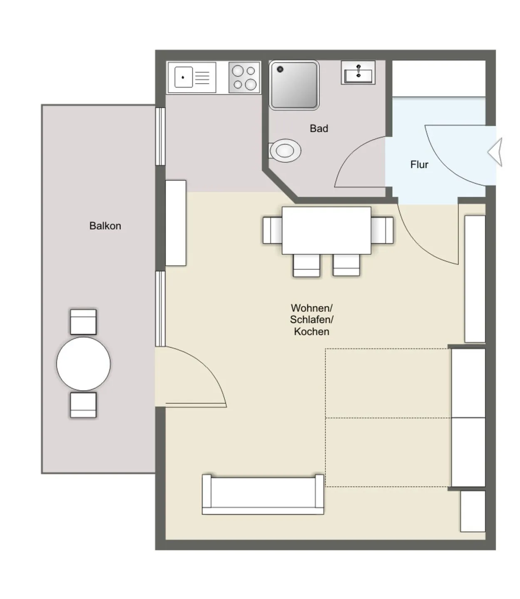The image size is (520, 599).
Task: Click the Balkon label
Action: click(x=105, y=226)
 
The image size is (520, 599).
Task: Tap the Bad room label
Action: click(x=319, y=128)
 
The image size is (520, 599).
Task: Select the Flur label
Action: click(x=419, y=165)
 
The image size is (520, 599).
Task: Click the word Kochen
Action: click(x=311, y=332)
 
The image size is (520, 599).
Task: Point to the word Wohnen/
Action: click(x=311, y=308)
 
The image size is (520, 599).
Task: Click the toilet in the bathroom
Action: click(x=285, y=151)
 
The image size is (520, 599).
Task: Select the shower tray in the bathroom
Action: click(x=294, y=85)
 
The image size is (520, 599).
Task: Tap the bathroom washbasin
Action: click(x=358, y=72)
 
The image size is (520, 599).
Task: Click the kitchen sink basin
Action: click(x=183, y=77)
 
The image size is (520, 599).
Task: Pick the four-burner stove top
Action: click(x=244, y=77)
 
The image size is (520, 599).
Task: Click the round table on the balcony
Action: click(x=83, y=364)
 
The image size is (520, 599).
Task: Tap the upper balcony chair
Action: click(x=83, y=322)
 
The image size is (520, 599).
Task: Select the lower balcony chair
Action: click(x=83, y=405)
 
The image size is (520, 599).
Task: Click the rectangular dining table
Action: click(x=326, y=230)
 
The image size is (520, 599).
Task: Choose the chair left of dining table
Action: click(x=272, y=230)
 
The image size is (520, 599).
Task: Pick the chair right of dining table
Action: click(x=382, y=230)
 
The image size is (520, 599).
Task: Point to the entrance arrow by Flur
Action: click(x=495, y=152)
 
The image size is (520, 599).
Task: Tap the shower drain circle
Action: click(x=280, y=69)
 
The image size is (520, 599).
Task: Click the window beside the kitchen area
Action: click(x=160, y=136)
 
